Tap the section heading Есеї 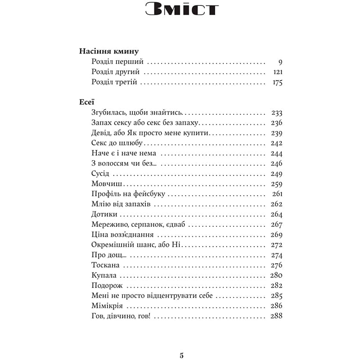[87, 102]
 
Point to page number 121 [277, 72]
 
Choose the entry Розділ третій [113, 82]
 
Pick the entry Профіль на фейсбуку [128, 194]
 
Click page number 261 [277, 194]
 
